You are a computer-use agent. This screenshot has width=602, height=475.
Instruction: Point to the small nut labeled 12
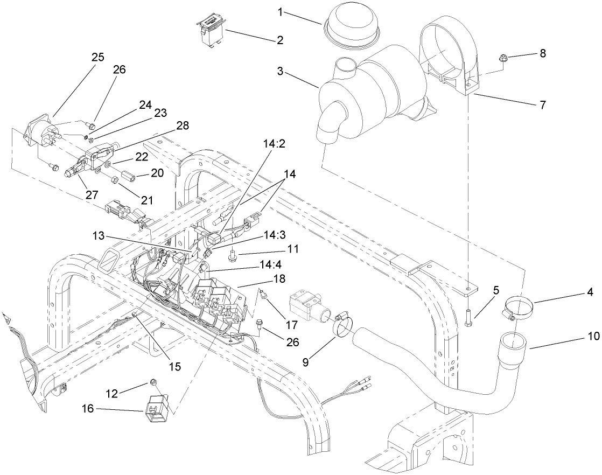click(153, 382)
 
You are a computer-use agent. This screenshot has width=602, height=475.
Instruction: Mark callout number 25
click(97, 57)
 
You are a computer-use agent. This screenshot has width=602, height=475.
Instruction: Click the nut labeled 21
click(114, 179)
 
